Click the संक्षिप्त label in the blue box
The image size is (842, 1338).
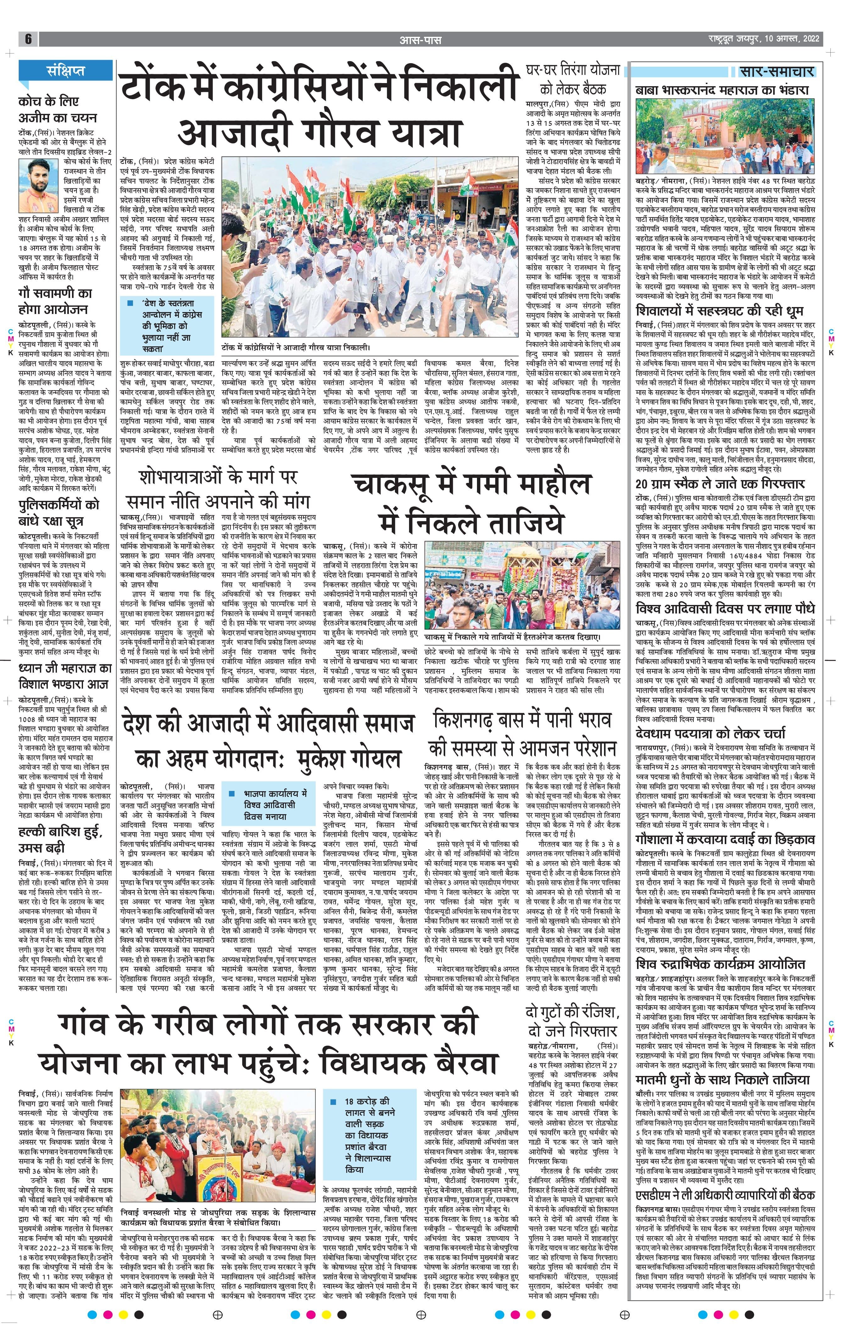[x=65, y=70]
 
